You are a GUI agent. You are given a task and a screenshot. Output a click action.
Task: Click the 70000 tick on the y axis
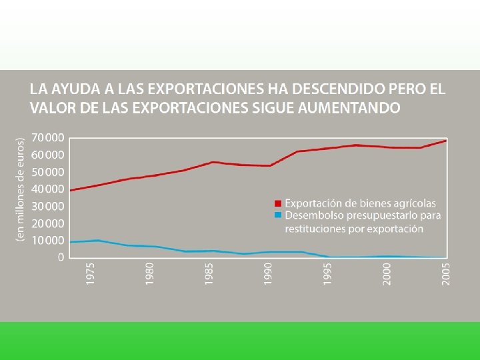pyautogui.click(x=48, y=138)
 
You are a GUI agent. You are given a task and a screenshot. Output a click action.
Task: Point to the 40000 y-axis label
pyautogui.click(x=48, y=189)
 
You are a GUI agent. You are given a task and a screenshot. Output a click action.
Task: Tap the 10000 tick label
pyautogui.click(x=48, y=241)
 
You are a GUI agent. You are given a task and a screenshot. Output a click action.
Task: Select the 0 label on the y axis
pyautogui.click(x=61, y=257)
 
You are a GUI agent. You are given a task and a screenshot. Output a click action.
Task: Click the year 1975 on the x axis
pyautogui.click(x=90, y=274)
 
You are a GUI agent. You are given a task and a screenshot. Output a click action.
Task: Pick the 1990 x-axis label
pyautogui.click(x=267, y=274)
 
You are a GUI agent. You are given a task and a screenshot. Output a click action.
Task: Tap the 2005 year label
pyautogui.click(x=446, y=274)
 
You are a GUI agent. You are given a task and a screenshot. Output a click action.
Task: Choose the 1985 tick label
pyautogui.click(x=209, y=274)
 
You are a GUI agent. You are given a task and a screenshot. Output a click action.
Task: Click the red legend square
pyautogui.click(x=277, y=203)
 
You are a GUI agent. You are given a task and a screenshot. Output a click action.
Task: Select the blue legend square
pyautogui.click(x=277, y=215)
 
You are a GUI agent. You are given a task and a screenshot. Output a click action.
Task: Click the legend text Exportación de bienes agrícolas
pyautogui.click(x=360, y=203)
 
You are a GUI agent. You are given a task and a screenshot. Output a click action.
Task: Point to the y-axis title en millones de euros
pyautogui.click(x=20, y=189)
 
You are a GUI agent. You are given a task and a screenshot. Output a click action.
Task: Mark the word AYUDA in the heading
pyautogui.click(x=75, y=89)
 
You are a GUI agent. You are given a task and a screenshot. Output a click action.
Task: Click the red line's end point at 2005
pyautogui.click(x=446, y=141)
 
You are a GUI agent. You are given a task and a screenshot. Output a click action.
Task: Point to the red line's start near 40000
pyautogui.click(x=71, y=191)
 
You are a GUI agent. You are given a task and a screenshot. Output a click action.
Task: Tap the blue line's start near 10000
pyautogui.click(x=71, y=242)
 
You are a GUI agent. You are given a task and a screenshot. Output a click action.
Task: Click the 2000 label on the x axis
pyautogui.click(x=387, y=274)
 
